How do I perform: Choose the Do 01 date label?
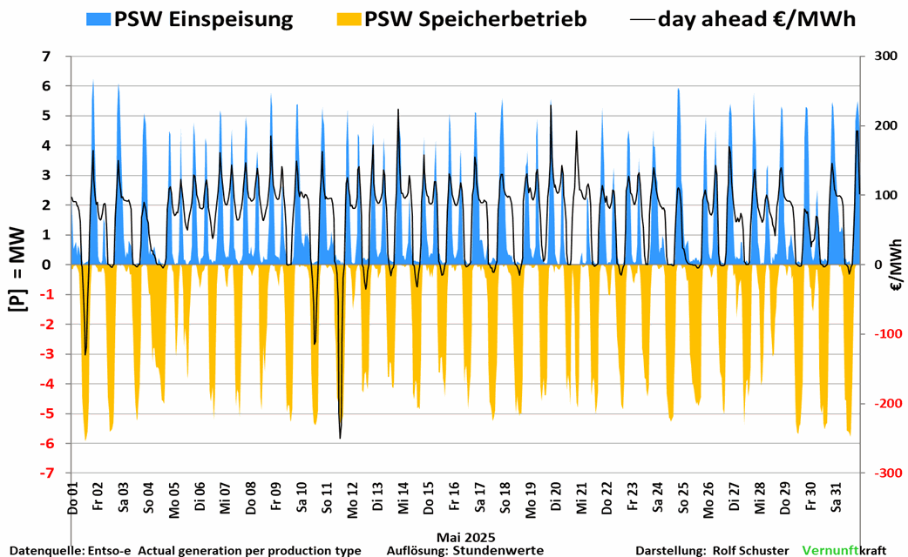[72, 497]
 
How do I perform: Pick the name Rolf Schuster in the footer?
[750, 550]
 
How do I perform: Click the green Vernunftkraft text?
[829, 550]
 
